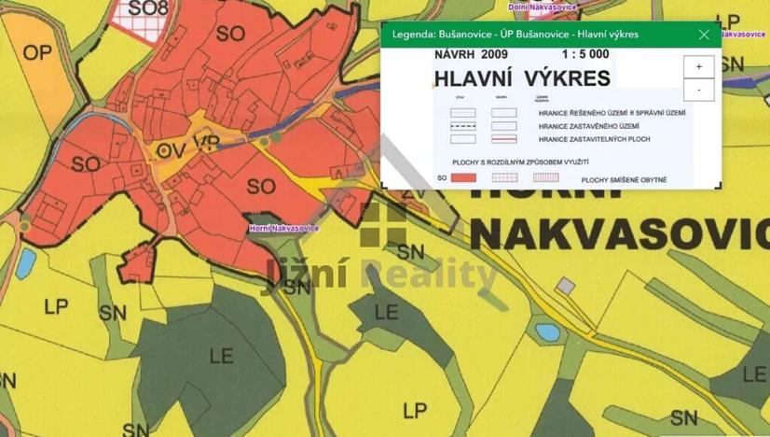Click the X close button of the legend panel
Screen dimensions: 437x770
[x=704, y=35]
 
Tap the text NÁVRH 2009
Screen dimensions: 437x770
[x=467, y=54]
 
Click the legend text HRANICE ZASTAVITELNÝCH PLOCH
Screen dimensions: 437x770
[x=594, y=139]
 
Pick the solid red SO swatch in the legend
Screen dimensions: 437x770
[x=463, y=176]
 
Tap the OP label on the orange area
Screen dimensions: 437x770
[x=37, y=53]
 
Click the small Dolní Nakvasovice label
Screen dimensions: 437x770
[x=543, y=7]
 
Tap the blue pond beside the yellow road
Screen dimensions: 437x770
[x=547, y=331]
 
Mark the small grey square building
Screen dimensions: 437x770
[x=565, y=285]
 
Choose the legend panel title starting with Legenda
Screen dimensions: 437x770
[x=516, y=35]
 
